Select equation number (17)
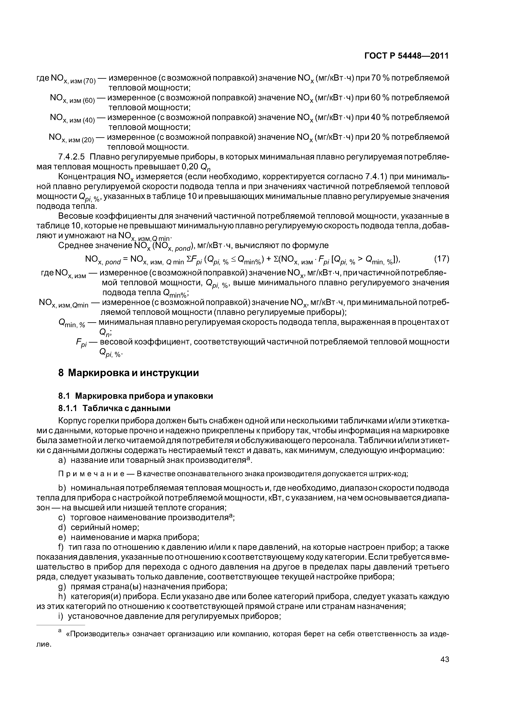(x=441, y=259)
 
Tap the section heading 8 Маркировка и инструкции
(x=129, y=373)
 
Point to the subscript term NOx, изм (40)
(x=72, y=118)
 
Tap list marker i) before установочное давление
(x=61, y=616)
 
